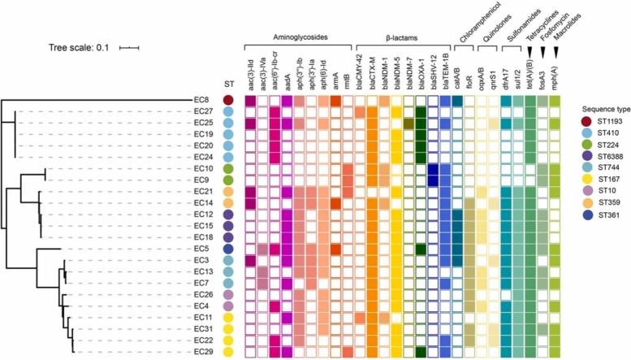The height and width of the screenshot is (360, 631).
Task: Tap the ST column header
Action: pos(230,84)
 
